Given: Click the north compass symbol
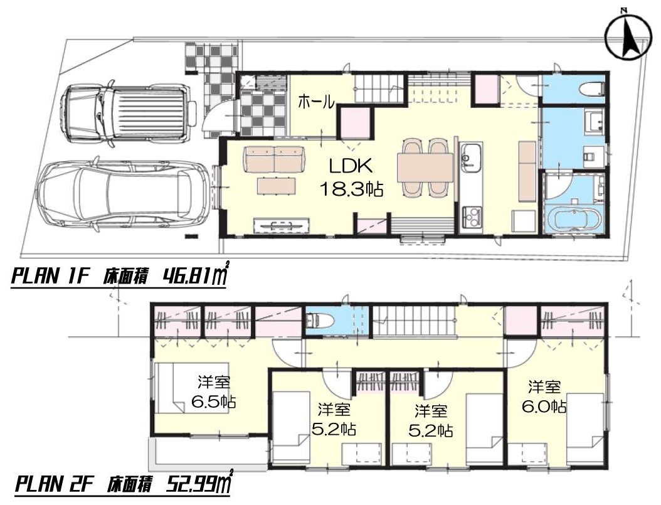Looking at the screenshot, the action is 627,36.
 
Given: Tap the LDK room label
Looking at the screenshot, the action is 351,166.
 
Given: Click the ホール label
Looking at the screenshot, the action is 316,102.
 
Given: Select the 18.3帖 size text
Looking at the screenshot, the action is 352,189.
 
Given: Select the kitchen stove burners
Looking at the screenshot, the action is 471,216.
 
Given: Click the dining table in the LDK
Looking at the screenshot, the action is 425,167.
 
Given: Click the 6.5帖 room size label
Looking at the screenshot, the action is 213,401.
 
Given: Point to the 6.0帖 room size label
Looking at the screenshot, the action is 544,407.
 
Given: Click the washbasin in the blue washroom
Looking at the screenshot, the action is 595,121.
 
